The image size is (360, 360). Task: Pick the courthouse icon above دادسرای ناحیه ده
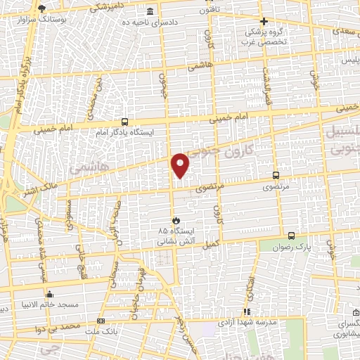[150, 12]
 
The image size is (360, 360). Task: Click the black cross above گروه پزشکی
[264, 22]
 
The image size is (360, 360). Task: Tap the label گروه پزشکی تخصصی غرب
[264, 37]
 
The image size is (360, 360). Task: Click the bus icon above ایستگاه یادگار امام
[124, 121]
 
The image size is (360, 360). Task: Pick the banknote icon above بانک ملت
[101, 321]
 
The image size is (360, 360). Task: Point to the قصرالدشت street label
[266, 77]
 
